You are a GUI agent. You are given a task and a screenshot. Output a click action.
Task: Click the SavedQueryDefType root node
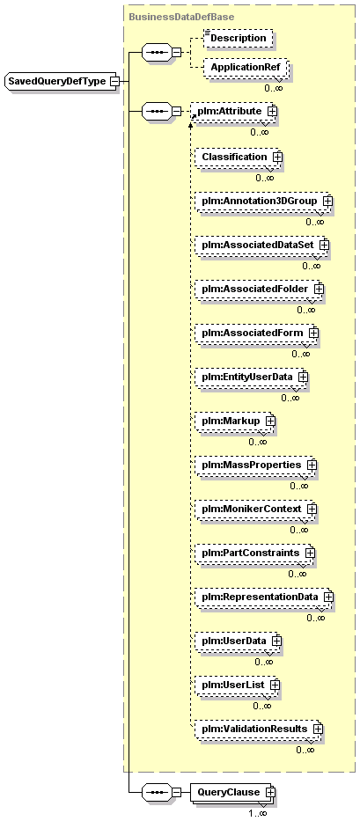[x=61, y=81]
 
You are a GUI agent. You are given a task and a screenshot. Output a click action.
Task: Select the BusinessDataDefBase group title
[x=181, y=17]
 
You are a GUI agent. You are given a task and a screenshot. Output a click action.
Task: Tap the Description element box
[x=238, y=38]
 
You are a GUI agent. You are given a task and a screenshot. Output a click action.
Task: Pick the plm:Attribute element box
[x=233, y=111]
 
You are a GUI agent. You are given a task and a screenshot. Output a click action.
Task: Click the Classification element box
[x=238, y=157]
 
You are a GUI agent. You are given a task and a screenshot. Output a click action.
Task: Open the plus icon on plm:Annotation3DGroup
[x=328, y=201]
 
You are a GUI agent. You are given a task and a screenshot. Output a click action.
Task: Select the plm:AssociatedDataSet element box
[x=262, y=245]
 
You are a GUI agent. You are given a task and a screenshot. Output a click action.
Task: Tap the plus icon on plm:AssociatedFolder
[x=319, y=289]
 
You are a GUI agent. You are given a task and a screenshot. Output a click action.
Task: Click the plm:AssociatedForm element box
[x=257, y=333]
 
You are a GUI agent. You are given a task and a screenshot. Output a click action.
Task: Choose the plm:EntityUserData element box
[x=252, y=377]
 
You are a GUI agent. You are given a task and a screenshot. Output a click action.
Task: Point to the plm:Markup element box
[x=235, y=421]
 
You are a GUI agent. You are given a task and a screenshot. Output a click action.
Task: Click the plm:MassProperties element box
[x=256, y=465]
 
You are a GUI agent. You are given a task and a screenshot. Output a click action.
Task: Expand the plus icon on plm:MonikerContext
[x=312, y=509]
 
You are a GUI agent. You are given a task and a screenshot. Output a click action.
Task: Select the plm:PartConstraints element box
[x=254, y=553]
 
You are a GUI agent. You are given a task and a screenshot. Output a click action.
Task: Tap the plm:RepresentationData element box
[x=264, y=597]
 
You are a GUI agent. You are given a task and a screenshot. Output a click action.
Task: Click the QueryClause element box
[x=232, y=792]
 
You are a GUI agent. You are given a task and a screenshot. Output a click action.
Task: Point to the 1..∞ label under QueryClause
[x=258, y=813]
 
